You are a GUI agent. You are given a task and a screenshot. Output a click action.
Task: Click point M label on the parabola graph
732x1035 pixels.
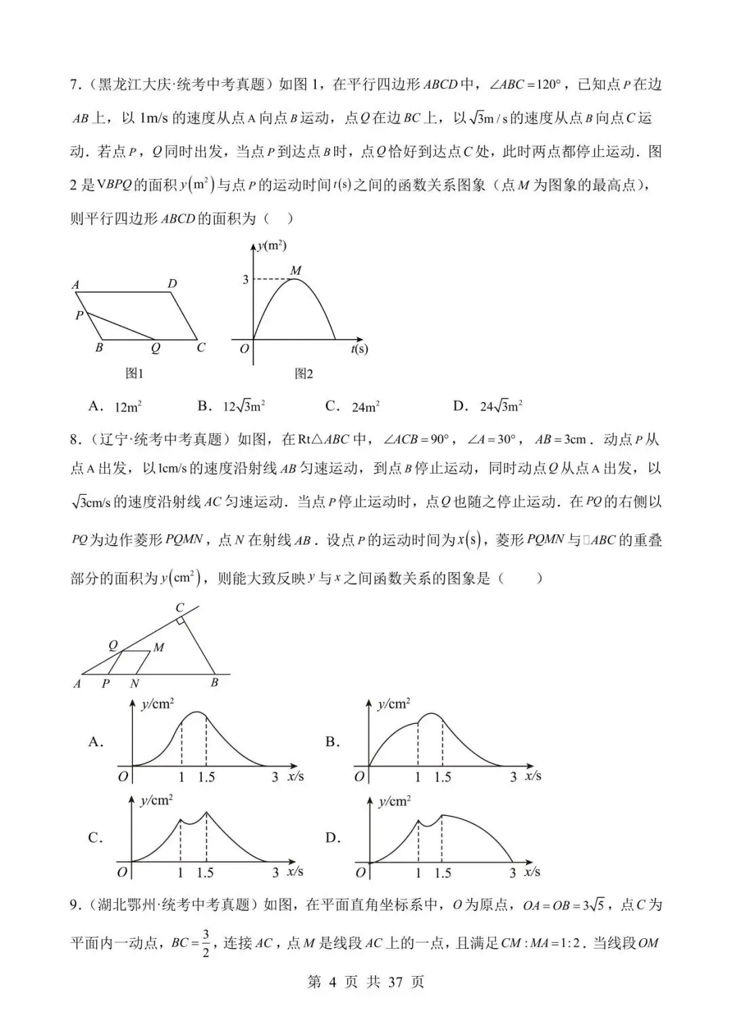[296, 270]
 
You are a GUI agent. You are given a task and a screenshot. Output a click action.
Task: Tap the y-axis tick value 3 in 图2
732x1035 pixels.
[245, 279]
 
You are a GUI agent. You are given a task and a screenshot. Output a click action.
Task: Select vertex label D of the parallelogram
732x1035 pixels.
[172, 283]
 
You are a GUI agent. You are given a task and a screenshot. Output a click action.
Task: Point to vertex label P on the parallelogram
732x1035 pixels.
[79, 315]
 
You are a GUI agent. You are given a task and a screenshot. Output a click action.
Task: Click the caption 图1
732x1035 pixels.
[134, 373]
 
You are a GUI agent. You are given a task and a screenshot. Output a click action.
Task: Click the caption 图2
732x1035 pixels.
[304, 373]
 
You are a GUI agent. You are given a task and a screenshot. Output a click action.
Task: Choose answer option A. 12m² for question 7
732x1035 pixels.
[115, 406]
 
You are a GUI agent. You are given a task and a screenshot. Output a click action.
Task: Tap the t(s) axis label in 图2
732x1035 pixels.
[359, 349]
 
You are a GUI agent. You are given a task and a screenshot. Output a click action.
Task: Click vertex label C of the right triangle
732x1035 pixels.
[180, 607]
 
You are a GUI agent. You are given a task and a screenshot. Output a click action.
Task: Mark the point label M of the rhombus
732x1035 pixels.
[159, 647]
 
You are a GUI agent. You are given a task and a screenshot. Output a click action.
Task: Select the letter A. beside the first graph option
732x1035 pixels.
[96, 742]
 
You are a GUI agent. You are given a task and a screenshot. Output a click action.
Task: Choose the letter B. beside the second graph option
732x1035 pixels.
[332, 742]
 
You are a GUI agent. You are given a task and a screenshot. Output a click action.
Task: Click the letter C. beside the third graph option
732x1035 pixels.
[96, 838]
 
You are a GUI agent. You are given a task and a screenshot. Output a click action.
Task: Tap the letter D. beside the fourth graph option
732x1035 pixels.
[333, 838]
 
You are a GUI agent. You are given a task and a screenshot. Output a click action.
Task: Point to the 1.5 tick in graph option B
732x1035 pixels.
[443, 777]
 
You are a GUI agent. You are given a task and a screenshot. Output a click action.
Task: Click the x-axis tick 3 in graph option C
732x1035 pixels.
[275, 873]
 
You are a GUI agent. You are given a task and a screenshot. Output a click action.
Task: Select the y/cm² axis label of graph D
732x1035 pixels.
[394, 802]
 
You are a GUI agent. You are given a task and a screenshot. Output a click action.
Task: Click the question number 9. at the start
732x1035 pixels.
[77, 905]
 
